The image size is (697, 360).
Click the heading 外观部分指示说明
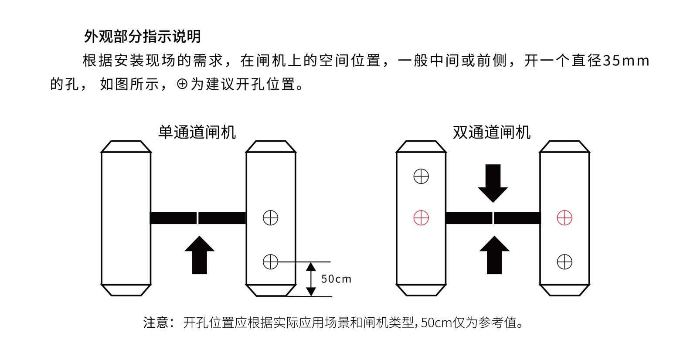142,37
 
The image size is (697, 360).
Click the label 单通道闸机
197,132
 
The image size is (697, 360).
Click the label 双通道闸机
491,132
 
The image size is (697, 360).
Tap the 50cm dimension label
336,279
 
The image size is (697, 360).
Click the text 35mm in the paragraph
626,61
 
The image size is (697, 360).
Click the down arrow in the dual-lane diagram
493,183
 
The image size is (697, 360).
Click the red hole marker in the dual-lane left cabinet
421,217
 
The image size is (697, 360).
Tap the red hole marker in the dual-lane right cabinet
564,217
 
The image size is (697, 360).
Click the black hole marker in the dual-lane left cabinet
421,177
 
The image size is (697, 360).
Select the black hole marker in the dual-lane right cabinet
564,262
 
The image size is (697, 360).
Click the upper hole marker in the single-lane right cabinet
271,217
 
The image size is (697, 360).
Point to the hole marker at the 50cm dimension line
271,262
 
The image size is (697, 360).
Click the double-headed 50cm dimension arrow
311,279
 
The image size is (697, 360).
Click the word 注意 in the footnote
156,323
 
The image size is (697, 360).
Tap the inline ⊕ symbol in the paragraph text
182,84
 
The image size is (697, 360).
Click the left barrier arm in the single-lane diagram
173,218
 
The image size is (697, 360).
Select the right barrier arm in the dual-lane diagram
517,218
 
